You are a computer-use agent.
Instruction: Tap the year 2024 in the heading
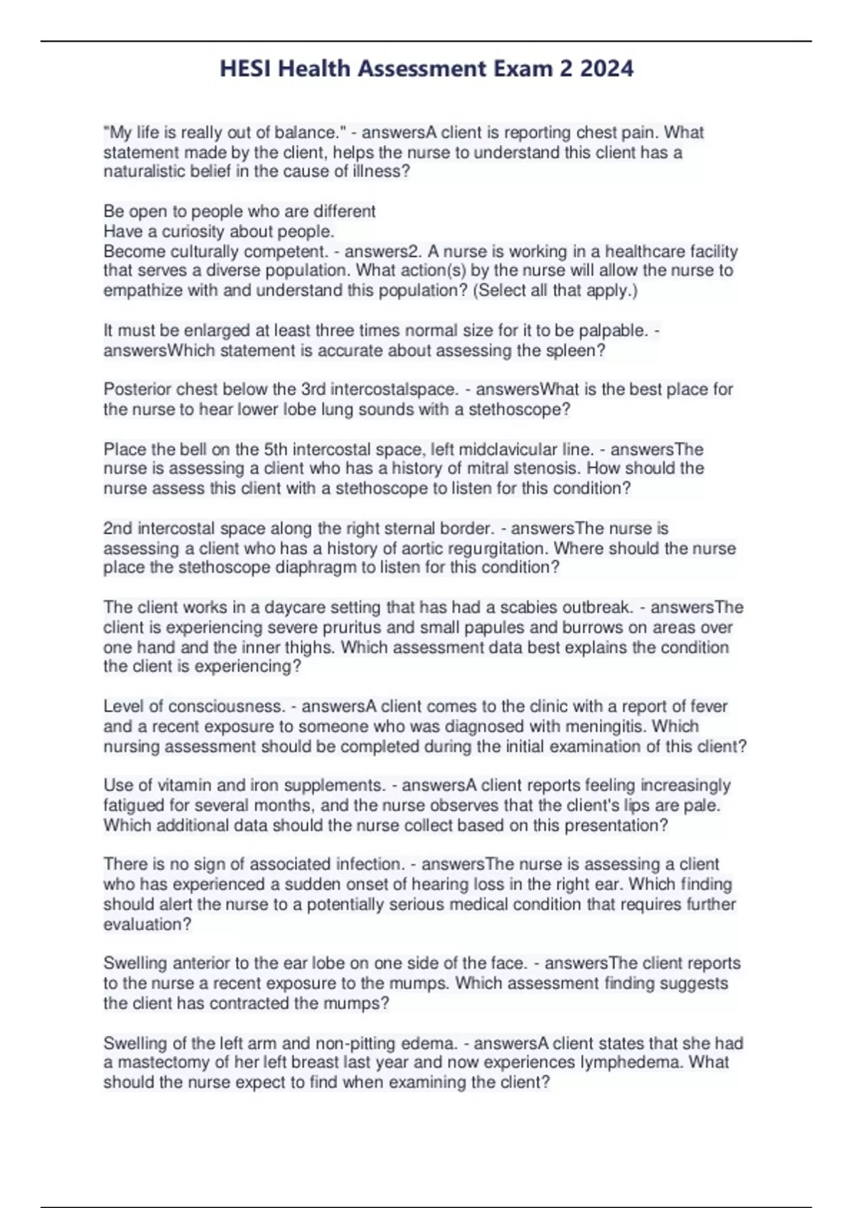coord(606,69)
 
